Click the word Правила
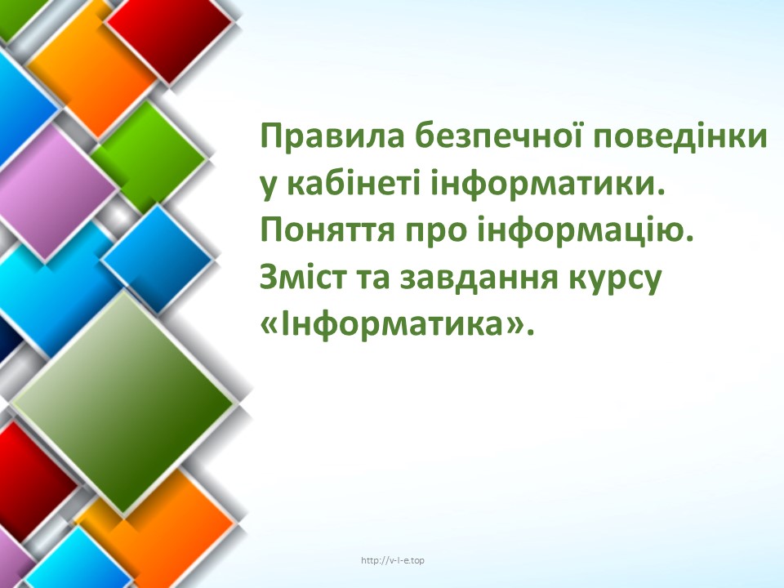332,136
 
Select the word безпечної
499,136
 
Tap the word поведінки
680,136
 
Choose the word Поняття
327,231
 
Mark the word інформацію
582,231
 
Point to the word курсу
615,280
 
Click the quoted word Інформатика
392,324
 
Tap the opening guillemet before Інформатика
269,327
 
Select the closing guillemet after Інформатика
514,327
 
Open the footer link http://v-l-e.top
393,560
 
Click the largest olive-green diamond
123,403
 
